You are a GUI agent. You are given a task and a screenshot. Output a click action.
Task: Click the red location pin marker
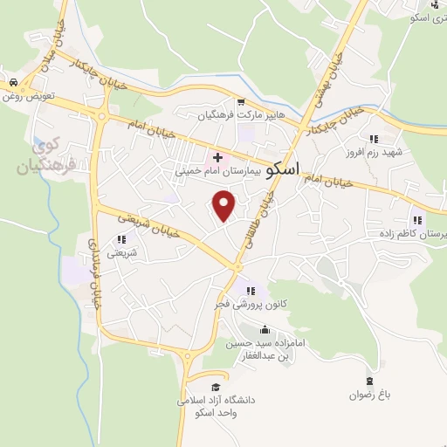pyautogui.click(x=224, y=206)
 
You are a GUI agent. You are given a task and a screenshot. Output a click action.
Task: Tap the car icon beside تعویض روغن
pyautogui.click(x=13, y=82)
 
